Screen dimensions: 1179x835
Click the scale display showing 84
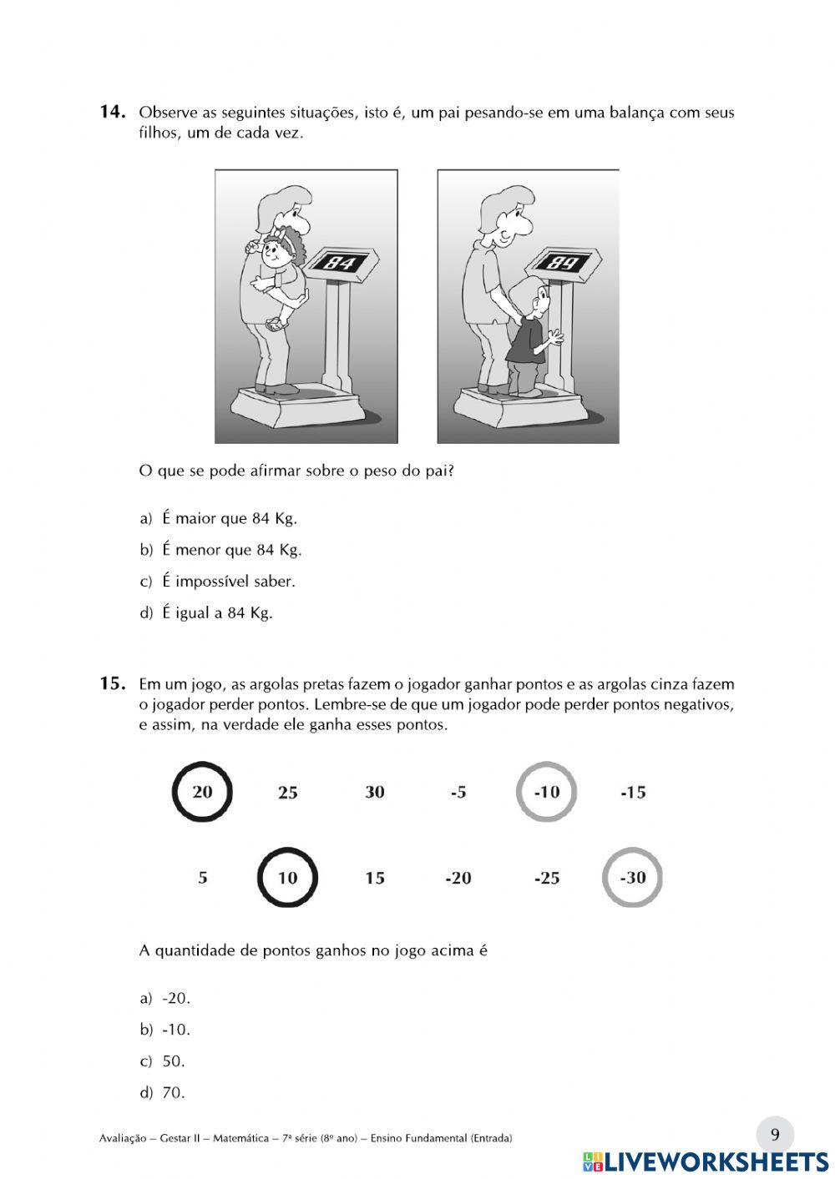(x=340, y=263)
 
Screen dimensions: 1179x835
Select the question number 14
(x=112, y=112)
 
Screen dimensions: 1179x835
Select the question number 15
(x=112, y=684)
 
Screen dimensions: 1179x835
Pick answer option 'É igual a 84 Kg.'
(x=217, y=613)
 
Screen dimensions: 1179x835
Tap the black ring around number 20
(x=202, y=792)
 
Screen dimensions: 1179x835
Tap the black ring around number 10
(x=287, y=878)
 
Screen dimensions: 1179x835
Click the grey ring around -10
(x=546, y=792)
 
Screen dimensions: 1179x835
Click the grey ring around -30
(x=632, y=878)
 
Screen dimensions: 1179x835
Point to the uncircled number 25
(x=287, y=793)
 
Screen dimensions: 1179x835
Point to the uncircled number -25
(x=546, y=879)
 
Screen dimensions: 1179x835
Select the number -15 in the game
(x=633, y=793)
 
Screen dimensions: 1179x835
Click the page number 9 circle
(x=775, y=1135)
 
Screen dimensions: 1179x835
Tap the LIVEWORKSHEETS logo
(x=706, y=1161)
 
